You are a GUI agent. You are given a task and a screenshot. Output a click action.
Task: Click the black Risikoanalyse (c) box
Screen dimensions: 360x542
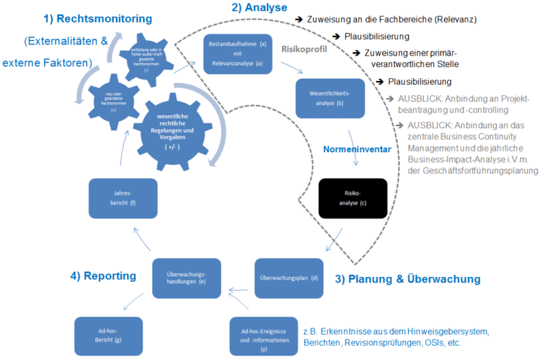353,199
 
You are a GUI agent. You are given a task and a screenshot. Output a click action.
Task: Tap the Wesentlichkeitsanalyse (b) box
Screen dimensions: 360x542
330,98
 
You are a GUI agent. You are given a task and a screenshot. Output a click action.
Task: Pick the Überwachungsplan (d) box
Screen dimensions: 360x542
288,278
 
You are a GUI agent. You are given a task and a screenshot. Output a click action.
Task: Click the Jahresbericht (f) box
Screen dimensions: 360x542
122,198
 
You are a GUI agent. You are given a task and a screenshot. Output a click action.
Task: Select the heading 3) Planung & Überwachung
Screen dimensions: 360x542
408,279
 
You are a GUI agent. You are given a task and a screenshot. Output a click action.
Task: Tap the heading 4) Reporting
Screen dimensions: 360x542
103,275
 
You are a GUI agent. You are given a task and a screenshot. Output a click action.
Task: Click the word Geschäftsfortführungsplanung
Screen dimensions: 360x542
478,170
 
